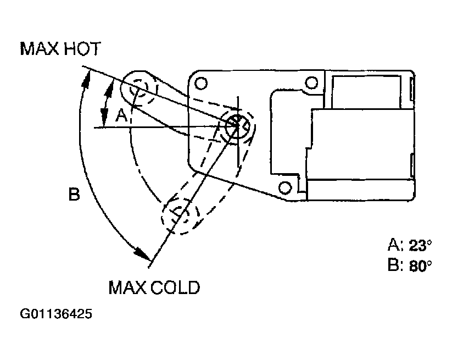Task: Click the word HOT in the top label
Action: [x=82, y=48]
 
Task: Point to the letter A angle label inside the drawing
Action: [x=121, y=116]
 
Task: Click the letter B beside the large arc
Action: [x=74, y=194]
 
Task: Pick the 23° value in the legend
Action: [x=420, y=245]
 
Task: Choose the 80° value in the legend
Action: [x=420, y=265]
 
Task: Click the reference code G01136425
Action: [x=56, y=314]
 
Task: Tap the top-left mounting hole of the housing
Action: [x=201, y=84]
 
